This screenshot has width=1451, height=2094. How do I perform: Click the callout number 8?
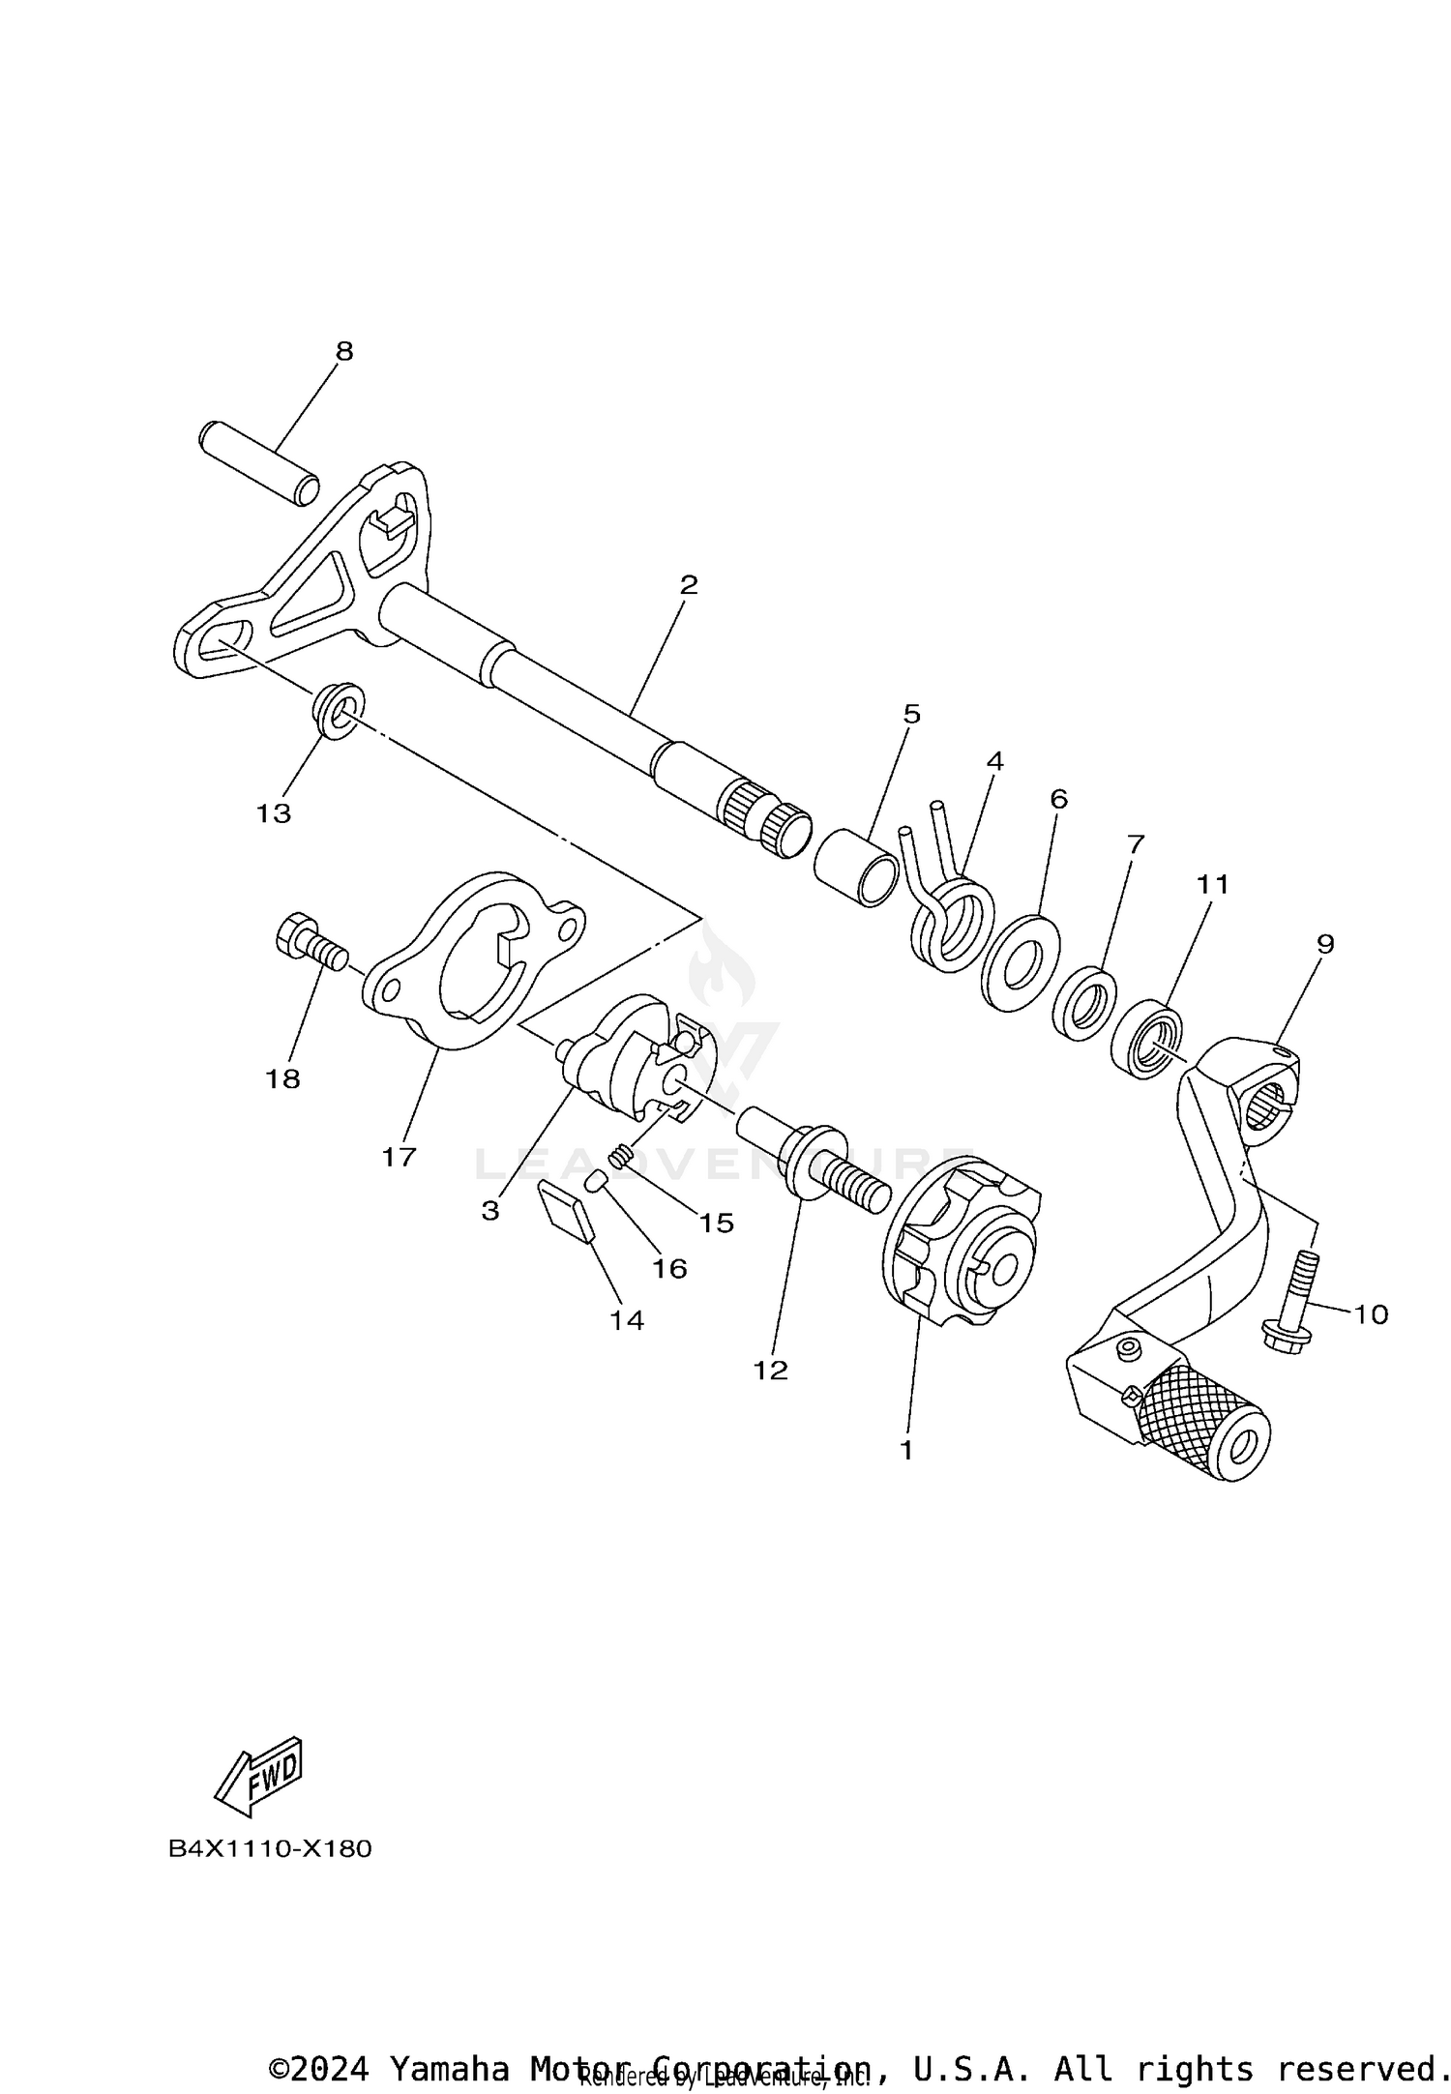tap(344, 351)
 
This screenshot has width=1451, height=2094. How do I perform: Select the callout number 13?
tap(274, 813)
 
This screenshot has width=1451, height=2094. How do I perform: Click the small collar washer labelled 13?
tap(338, 709)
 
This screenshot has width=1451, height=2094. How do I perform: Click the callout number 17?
tap(399, 1156)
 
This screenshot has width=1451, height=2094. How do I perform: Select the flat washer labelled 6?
tap(1020, 962)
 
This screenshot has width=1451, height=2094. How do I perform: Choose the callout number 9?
tap(1324, 943)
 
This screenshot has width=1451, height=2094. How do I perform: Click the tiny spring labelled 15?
tap(622, 1155)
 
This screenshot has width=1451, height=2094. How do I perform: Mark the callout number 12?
tap(771, 1370)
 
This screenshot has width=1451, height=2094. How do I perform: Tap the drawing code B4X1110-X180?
tap(270, 1848)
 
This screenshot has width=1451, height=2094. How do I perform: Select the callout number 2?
tap(688, 585)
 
